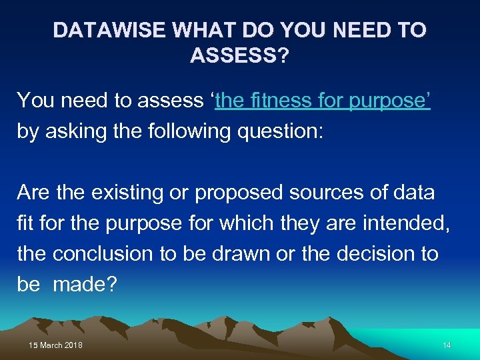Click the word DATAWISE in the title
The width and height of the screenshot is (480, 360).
pos(109,31)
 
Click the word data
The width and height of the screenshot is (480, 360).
pos(414,193)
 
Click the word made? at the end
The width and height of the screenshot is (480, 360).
pos(85,285)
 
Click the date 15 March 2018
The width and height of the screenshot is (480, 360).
pos(56,345)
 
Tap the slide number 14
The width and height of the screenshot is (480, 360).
pos(447,345)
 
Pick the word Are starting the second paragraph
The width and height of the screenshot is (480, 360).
pos(33,193)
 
